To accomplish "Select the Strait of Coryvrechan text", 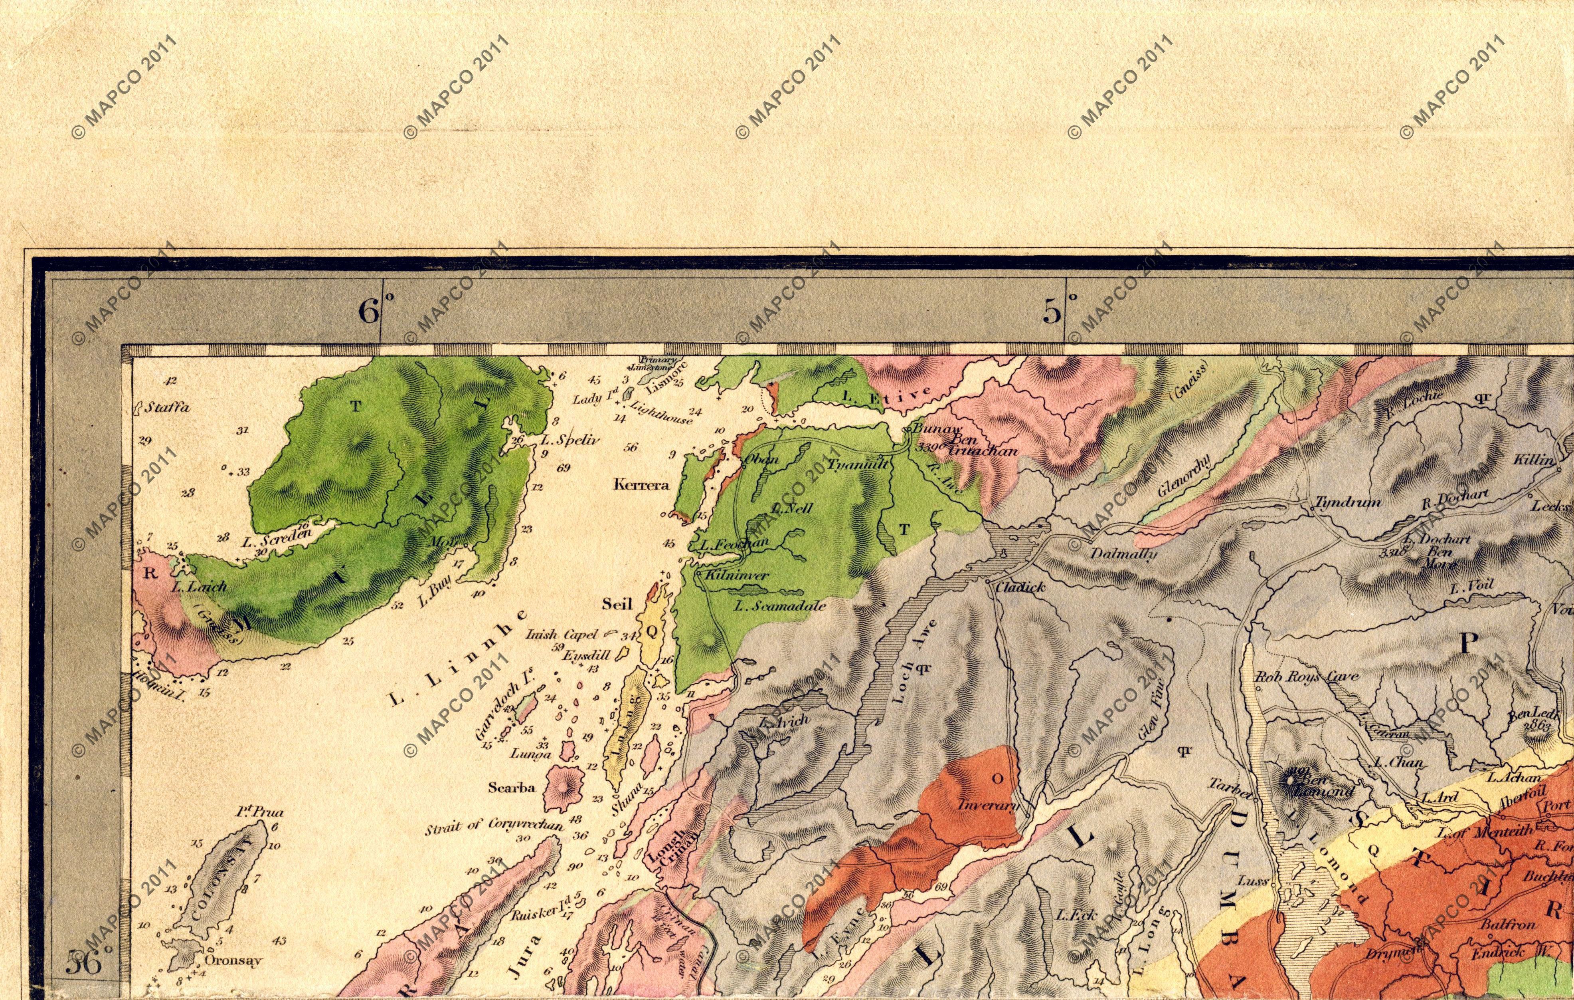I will click(494, 826).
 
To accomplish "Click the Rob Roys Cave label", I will click(1297, 678).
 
